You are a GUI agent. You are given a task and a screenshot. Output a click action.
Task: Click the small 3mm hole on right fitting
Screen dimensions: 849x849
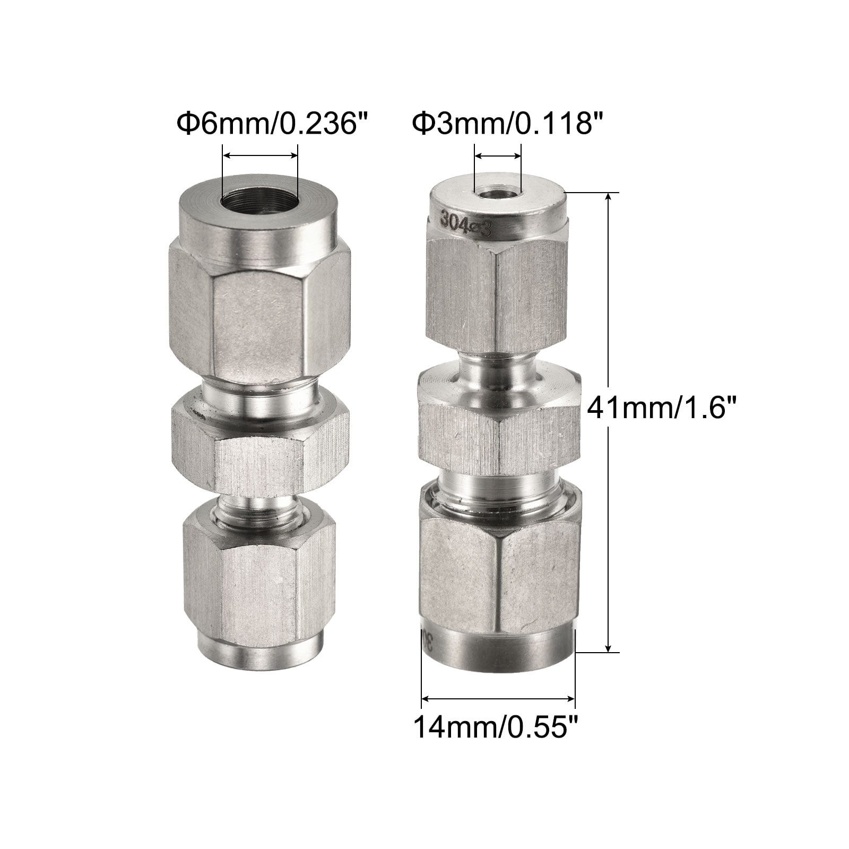[x=498, y=195]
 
